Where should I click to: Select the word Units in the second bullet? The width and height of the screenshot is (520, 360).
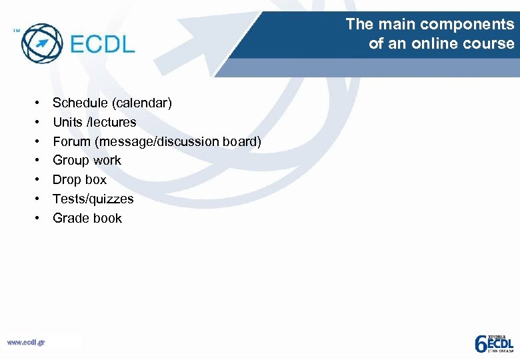click(x=68, y=122)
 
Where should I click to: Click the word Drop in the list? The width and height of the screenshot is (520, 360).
click(x=67, y=180)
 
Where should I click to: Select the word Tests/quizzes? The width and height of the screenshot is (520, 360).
click(x=93, y=199)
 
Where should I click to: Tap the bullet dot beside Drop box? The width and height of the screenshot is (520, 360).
click(x=38, y=180)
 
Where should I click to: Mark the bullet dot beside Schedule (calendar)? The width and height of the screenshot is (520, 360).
click(x=38, y=103)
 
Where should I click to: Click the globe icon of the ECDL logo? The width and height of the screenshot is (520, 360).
click(x=41, y=43)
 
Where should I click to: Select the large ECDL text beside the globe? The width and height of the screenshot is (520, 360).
click(x=102, y=45)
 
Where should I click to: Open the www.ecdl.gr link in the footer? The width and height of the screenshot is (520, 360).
click(x=26, y=342)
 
